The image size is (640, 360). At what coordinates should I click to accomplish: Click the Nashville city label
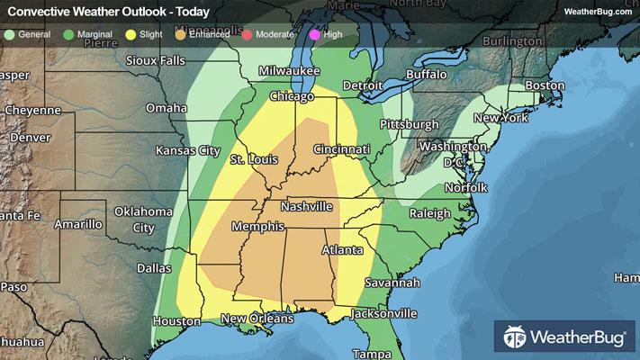coord(307,207)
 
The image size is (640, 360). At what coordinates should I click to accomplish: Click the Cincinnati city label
coord(341,148)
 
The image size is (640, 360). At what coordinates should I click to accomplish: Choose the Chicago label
coord(293,96)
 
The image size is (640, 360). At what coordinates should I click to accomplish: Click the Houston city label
coord(176,321)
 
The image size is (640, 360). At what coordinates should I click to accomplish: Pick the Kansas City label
coord(188,150)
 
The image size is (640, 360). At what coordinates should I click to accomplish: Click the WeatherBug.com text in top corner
coord(597,12)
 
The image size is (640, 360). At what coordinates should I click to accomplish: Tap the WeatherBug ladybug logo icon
coord(516,338)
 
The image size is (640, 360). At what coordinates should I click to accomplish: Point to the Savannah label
coord(392,283)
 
